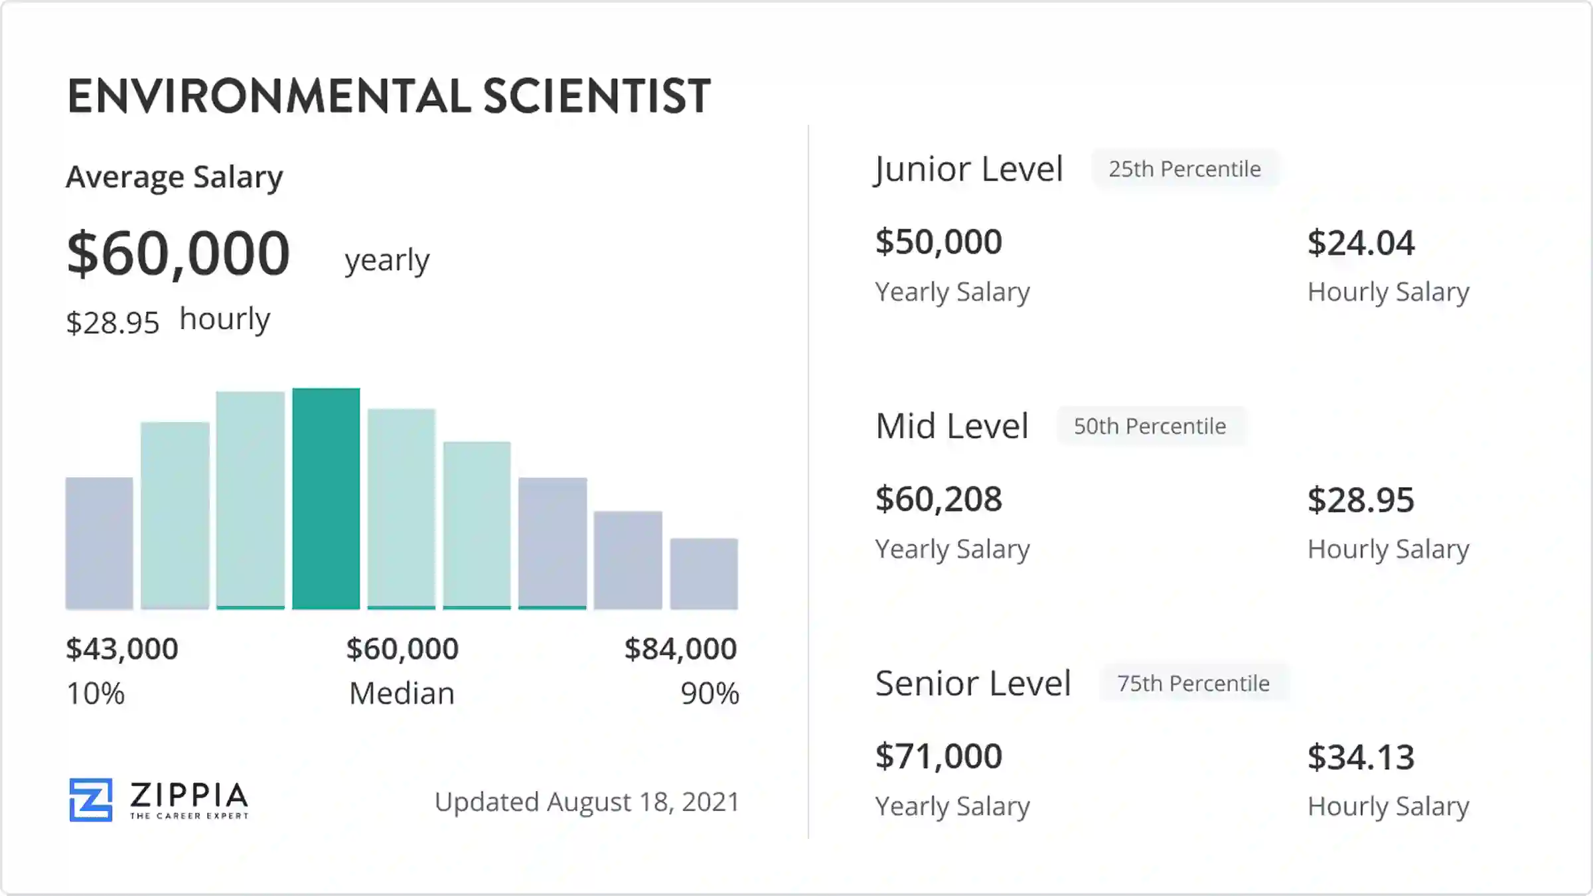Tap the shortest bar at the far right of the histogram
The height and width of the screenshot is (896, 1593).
704,573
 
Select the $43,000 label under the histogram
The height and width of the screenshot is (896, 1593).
122,648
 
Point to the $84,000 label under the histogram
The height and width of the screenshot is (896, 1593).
680,648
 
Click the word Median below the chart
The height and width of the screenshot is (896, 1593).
402,694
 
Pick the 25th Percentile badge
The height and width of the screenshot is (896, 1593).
1185,169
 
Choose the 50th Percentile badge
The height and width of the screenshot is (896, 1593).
1150,426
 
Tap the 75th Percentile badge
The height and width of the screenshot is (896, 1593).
1193,683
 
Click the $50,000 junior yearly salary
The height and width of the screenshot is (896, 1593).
939,242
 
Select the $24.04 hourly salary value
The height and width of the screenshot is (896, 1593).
1361,243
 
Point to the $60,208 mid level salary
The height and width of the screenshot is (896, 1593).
939,499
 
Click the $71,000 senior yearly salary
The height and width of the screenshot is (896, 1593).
939,756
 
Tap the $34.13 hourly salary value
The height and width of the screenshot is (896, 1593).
1361,757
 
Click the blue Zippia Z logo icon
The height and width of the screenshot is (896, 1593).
91,800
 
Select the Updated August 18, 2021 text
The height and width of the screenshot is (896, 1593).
587,802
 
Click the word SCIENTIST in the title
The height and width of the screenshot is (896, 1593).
597,96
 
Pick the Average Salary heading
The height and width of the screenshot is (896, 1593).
175,177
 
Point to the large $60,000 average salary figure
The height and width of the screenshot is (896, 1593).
179,253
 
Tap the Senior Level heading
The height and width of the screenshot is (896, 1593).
973,683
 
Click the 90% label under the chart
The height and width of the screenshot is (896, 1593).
710,694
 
